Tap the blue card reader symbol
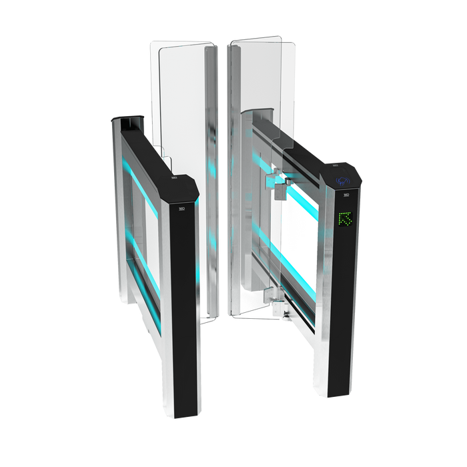[x=344, y=179]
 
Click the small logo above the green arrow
[x=347, y=195]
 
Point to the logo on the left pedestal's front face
[x=179, y=209]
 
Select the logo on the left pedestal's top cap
[x=173, y=179]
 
